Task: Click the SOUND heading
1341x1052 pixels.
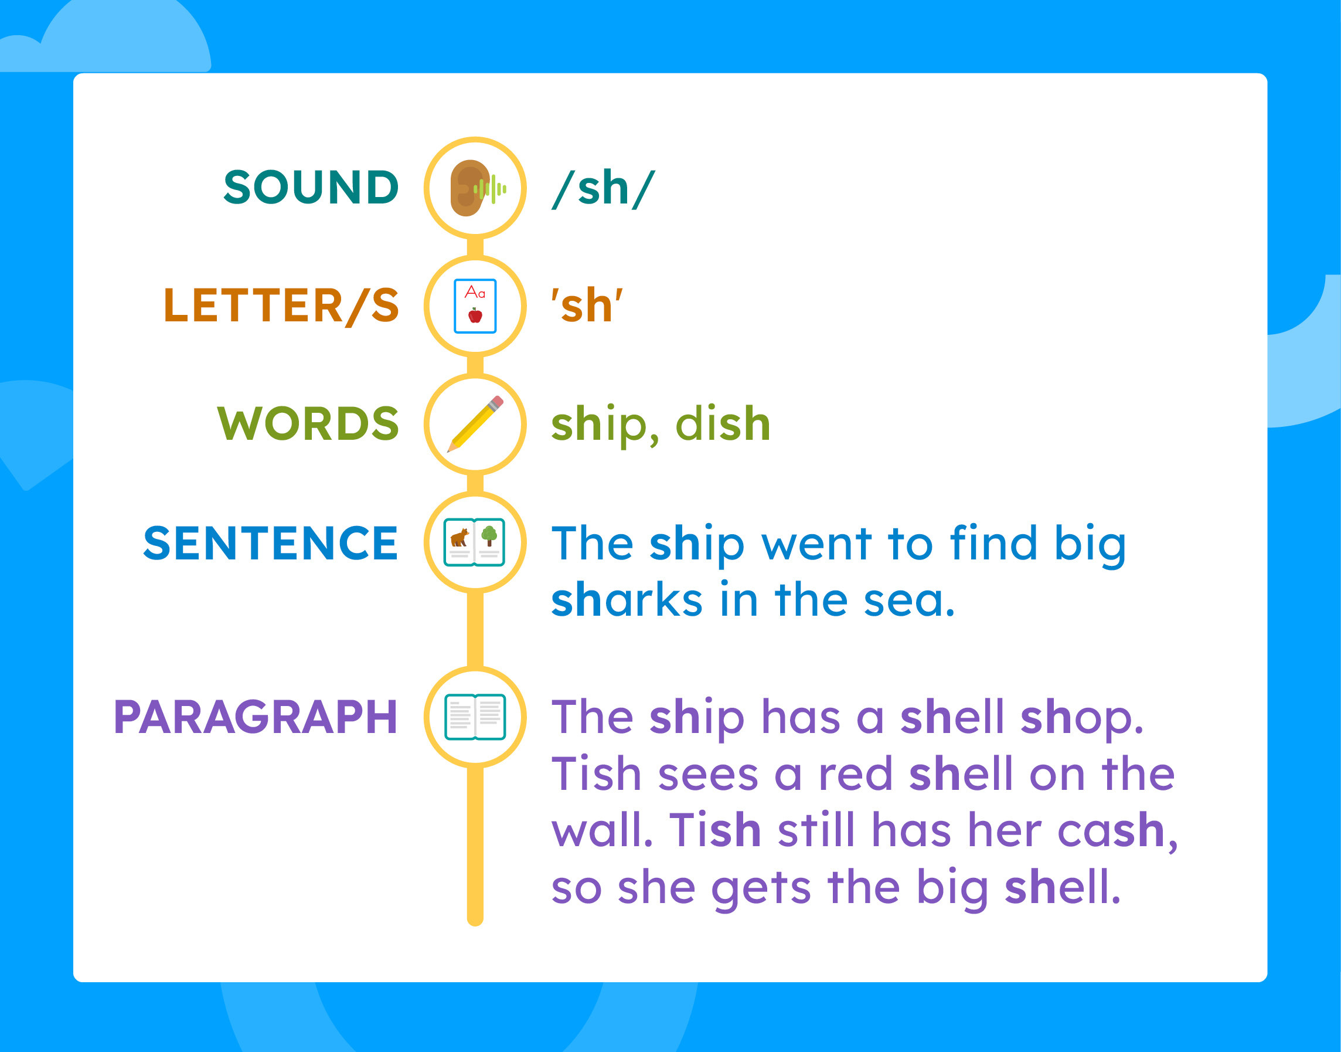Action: click(311, 187)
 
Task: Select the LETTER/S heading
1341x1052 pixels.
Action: click(281, 306)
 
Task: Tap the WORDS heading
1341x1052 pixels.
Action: click(308, 424)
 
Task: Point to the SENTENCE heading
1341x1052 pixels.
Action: click(271, 542)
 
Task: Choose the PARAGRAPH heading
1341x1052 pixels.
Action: click(256, 718)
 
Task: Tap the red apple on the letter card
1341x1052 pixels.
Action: click(475, 315)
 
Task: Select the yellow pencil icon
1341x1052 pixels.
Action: click(475, 425)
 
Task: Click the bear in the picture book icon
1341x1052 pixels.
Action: click(460, 538)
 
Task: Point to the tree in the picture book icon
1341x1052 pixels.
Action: click(489, 536)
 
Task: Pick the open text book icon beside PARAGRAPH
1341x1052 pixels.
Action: click(475, 717)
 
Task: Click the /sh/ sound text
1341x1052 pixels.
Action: click(603, 188)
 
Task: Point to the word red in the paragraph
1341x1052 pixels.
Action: click(855, 773)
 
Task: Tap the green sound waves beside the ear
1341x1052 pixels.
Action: click(490, 189)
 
